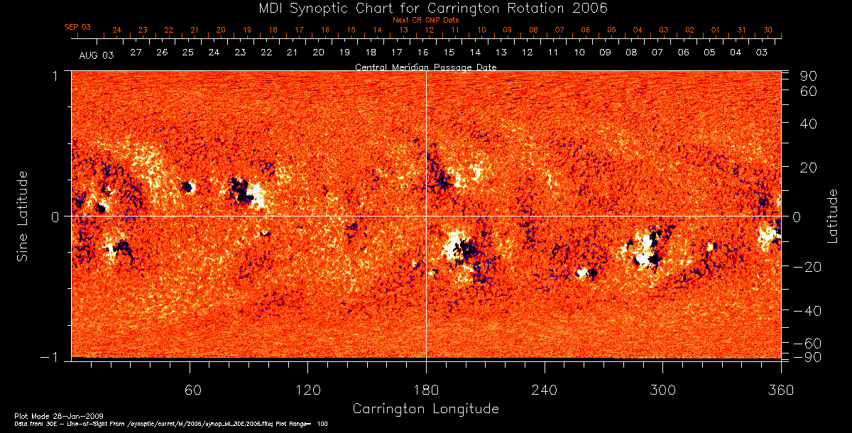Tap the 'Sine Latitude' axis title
(23, 215)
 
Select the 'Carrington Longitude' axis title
(425, 409)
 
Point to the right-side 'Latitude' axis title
(833, 215)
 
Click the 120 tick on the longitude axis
(308, 390)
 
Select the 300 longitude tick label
(662, 390)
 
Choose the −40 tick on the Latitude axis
(807, 311)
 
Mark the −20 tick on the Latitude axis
(807, 266)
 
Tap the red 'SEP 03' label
(78, 27)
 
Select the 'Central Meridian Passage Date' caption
(425, 67)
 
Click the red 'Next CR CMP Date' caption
(425, 20)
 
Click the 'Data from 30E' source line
(170, 423)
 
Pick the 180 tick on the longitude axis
(426, 390)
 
